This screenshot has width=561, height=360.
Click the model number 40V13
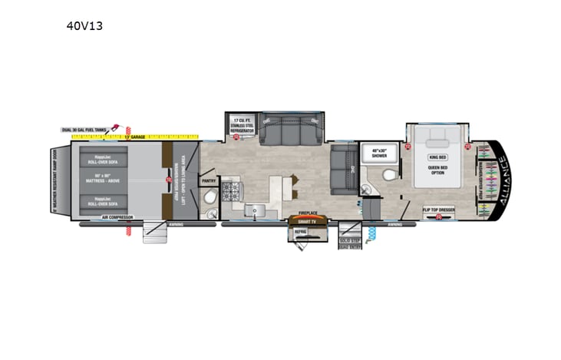(x=84, y=25)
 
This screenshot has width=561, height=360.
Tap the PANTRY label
(x=208, y=182)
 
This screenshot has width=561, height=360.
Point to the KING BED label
(x=437, y=157)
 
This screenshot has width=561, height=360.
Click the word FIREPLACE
(x=307, y=213)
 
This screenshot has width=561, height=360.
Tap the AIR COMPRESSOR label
(x=117, y=218)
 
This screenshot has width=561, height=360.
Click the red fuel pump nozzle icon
(x=116, y=126)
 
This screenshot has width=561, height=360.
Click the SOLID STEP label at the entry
(x=350, y=241)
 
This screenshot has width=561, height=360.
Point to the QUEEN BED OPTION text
(x=437, y=171)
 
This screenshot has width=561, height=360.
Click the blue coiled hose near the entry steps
(x=371, y=232)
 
